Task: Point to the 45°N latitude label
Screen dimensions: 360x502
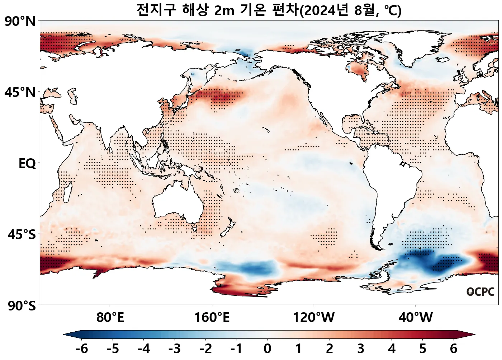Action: [x=20, y=93]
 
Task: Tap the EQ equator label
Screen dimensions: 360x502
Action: [x=27, y=164]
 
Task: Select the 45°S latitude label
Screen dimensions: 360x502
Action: [x=22, y=235]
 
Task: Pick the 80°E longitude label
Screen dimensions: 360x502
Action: [x=110, y=318]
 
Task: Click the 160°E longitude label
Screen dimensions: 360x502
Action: [x=212, y=318]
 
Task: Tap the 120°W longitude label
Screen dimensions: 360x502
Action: [x=314, y=318]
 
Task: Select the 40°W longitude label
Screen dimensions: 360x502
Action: [x=416, y=318]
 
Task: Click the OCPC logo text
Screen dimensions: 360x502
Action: [x=480, y=292]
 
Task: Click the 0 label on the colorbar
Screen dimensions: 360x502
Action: [x=267, y=349]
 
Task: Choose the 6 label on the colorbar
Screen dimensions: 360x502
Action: [x=454, y=349]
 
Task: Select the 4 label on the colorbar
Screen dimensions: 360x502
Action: [x=392, y=349]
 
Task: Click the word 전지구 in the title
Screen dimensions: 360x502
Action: [x=156, y=10]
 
